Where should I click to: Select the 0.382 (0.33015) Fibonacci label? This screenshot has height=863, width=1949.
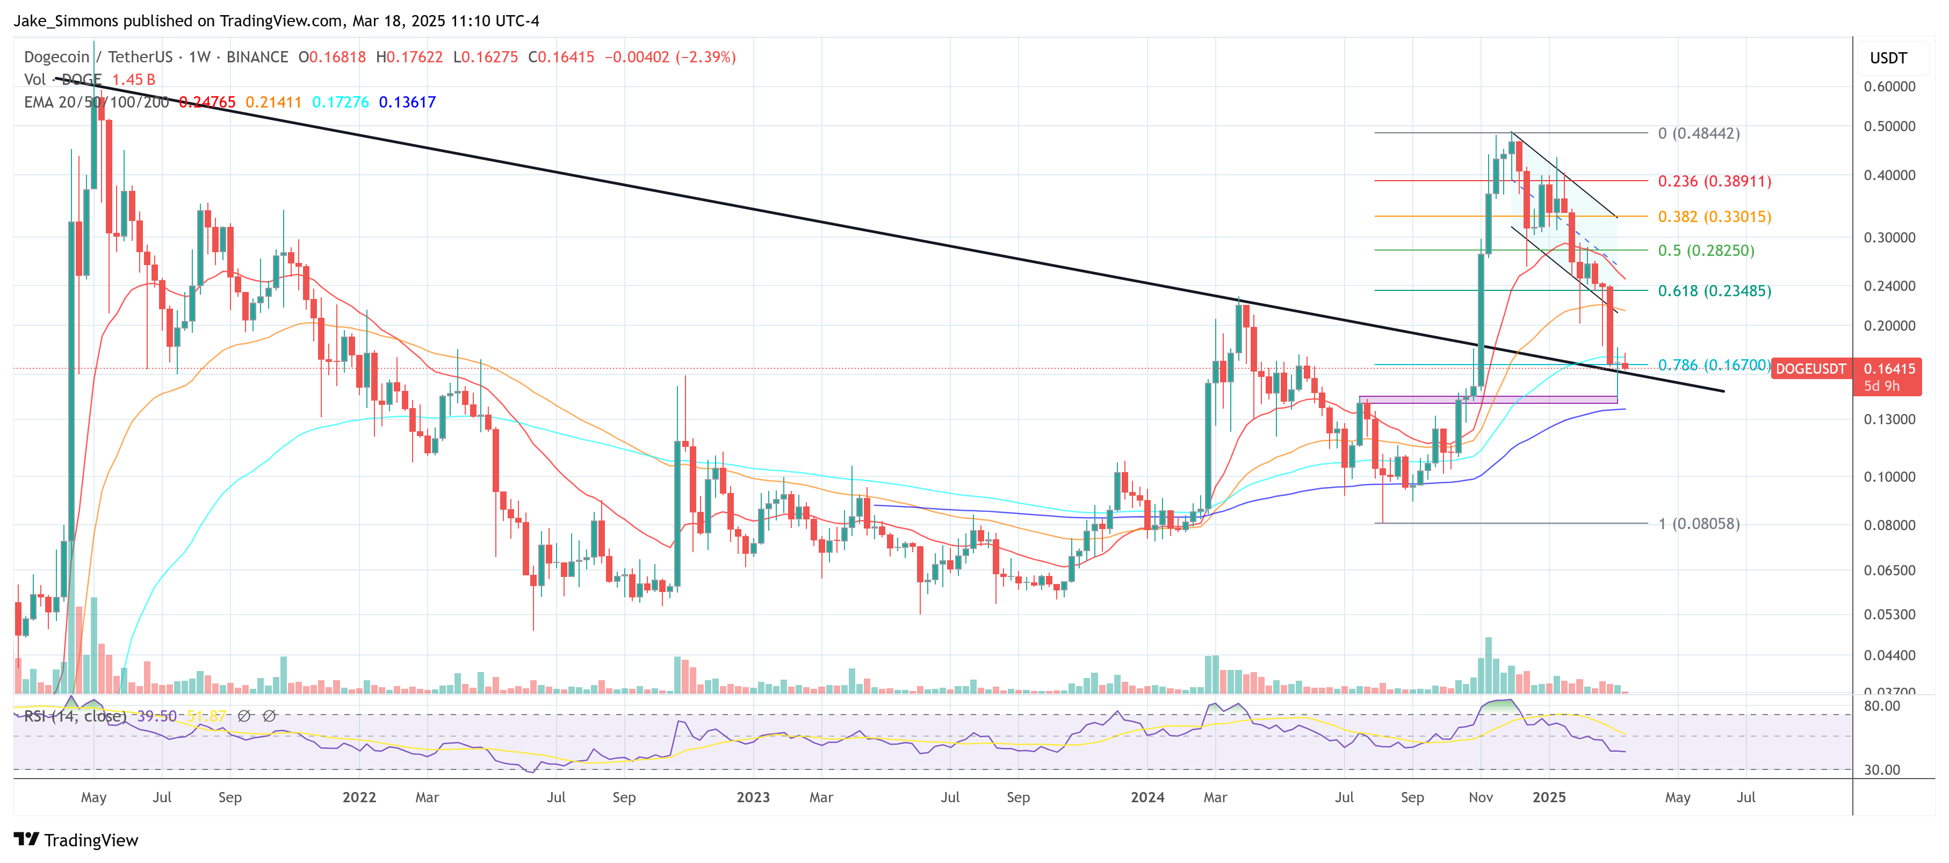click(x=1714, y=217)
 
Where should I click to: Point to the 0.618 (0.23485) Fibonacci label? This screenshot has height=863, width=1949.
click(x=1714, y=291)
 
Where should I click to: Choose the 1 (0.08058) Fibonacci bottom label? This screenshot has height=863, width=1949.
click(x=1699, y=524)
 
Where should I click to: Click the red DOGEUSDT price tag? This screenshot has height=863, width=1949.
click(x=1810, y=369)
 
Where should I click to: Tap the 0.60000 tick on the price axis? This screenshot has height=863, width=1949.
click(x=1889, y=86)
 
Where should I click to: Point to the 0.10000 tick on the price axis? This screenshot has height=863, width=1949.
click(x=1889, y=477)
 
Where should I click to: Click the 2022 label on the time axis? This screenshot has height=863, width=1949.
click(x=359, y=797)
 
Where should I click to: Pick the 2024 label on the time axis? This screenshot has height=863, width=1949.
click(x=1147, y=797)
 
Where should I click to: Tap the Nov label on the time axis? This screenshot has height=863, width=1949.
click(x=1481, y=797)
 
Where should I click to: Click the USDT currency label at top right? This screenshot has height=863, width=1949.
click(x=1888, y=58)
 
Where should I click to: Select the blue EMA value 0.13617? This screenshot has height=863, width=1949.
click(x=407, y=102)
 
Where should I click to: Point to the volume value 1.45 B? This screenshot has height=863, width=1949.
click(x=133, y=80)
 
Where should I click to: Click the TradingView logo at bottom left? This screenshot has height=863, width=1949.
click(x=76, y=840)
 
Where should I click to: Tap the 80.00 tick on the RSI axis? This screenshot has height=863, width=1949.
click(x=1882, y=705)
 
